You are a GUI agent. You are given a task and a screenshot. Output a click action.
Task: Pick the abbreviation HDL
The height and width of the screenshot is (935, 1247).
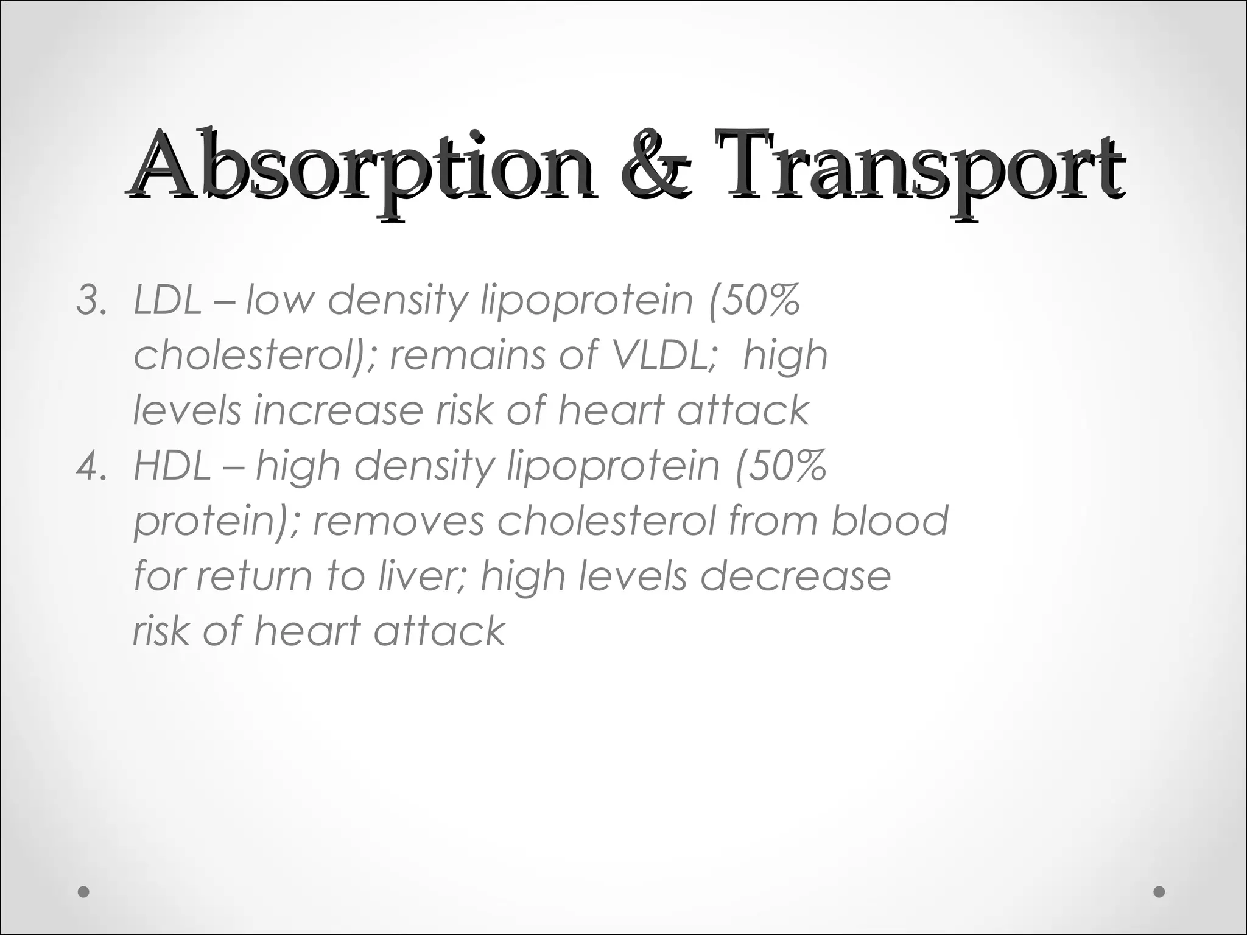coord(172,466)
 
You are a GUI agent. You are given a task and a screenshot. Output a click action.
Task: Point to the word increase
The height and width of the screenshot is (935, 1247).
coord(338,410)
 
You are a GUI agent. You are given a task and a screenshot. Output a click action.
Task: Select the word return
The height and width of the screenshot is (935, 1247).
coord(258,576)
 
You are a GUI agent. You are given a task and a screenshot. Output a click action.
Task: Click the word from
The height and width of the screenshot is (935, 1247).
coord(773,521)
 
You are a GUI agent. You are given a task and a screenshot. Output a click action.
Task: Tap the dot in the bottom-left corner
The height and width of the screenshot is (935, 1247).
coord(84,892)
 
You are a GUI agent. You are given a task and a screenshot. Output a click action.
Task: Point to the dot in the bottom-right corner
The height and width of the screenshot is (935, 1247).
coord(1159,892)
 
